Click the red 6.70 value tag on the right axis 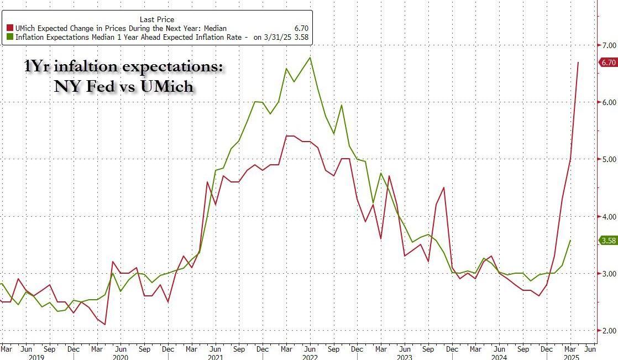tap(609, 62)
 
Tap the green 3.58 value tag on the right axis tap(609, 240)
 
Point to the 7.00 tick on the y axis tap(608, 45)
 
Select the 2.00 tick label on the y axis tap(608, 331)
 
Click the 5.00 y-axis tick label tap(608, 159)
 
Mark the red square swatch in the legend tap(9, 28)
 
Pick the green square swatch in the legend tap(9, 38)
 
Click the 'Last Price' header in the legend tap(158, 19)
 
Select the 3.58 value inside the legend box tap(301, 38)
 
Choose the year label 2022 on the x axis tap(310, 357)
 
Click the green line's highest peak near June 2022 tap(310, 58)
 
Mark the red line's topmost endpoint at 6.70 tap(578, 62)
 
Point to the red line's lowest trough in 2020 tap(104, 325)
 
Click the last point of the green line tap(570, 241)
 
